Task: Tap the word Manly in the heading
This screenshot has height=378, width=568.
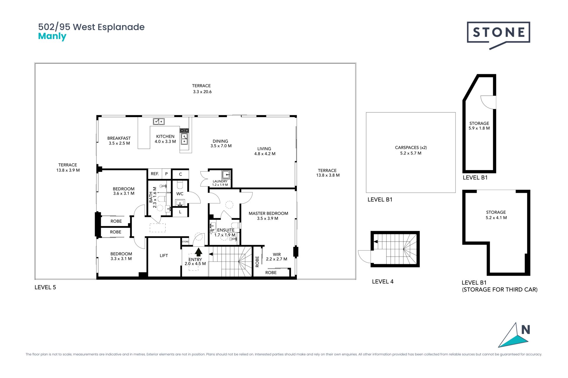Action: click(52, 37)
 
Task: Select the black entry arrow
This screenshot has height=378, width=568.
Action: click(199, 252)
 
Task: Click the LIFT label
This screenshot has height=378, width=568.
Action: click(164, 255)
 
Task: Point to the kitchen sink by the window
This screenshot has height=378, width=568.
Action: click(159, 121)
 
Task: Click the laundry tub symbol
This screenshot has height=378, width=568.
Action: click(226, 175)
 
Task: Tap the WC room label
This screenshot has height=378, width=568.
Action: click(180, 194)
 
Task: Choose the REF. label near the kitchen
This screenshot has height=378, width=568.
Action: click(155, 174)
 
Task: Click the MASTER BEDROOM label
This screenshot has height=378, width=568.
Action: click(268, 213)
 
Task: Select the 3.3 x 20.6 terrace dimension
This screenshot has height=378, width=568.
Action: click(202, 92)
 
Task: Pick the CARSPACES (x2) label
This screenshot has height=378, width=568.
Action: click(411, 147)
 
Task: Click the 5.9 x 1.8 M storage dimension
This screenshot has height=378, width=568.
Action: click(479, 128)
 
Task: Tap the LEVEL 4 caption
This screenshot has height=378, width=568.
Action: click(383, 281)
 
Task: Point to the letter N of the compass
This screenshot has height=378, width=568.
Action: click(525, 330)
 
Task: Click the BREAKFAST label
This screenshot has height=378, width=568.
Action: click(119, 138)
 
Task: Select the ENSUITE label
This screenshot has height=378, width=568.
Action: click(226, 230)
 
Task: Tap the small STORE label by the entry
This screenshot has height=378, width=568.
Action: click(185, 242)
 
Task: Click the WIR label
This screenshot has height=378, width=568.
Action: click(277, 254)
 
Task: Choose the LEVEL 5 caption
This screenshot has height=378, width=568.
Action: click(45, 287)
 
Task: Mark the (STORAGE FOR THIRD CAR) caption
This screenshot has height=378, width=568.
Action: click(500, 289)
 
